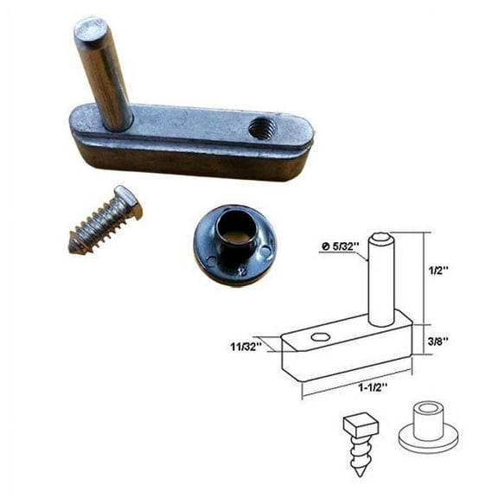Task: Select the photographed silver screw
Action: (x=105, y=220)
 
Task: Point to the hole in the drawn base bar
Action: (x=321, y=336)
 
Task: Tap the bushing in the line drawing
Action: (x=428, y=425)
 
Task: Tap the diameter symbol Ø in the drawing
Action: (x=323, y=248)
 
